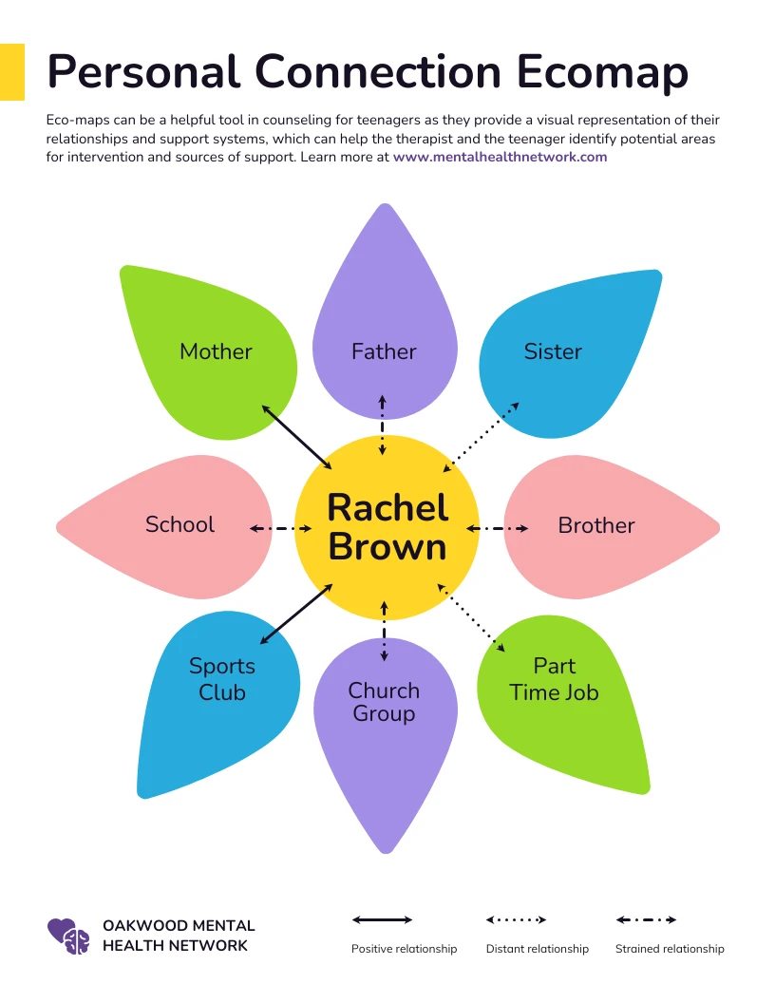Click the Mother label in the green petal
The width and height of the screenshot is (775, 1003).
tap(216, 351)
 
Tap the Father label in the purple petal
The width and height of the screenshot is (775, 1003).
tap(384, 351)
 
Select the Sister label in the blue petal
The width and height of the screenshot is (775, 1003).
tap(553, 351)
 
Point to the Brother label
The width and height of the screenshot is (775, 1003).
tap(595, 525)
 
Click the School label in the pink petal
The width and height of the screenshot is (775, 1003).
tap(180, 524)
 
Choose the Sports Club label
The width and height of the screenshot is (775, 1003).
tap(222, 679)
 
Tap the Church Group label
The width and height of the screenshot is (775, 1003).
tap(384, 702)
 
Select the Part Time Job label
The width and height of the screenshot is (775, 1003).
tap(555, 679)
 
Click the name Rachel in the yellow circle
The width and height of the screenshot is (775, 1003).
tap(387, 508)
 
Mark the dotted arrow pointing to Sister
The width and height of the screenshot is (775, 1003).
tap(482, 436)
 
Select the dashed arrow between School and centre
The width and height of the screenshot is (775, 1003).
tap(274, 528)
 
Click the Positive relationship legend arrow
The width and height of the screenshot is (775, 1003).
tap(382, 919)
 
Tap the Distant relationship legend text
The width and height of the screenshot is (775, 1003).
tap(537, 949)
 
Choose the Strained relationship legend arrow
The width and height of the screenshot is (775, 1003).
tap(646, 919)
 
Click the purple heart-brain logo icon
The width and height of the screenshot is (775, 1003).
tap(68, 936)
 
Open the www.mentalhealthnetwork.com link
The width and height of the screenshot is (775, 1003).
tap(500, 157)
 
